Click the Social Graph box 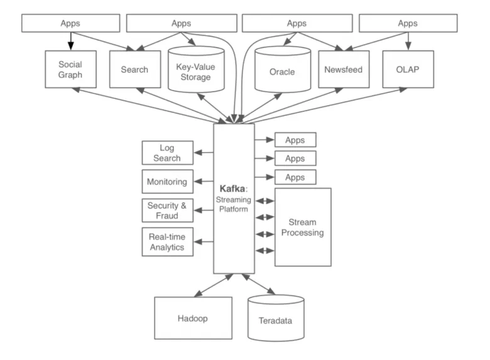click(x=70, y=69)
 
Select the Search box click(x=134, y=69)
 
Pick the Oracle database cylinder click(x=282, y=71)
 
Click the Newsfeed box click(x=343, y=69)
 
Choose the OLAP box click(x=408, y=69)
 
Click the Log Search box click(x=166, y=153)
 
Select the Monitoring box click(x=166, y=182)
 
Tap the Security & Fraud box click(x=166, y=210)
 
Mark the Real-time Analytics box click(x=166, y=242)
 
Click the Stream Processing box click(x=303, y=227)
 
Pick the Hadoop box click(x=192, y=318)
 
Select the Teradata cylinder click(x=275, y=320)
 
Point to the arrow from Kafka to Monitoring click(x=204, y=182)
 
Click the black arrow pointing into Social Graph click(x=70, y=41)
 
